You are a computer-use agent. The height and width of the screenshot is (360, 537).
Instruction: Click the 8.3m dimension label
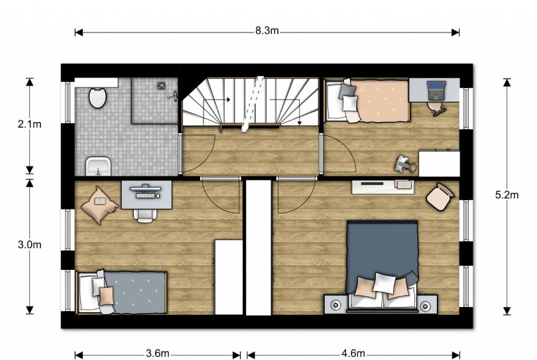267,30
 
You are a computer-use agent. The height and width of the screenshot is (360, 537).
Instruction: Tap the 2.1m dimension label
29,124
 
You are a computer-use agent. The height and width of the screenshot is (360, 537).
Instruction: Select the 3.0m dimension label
29,245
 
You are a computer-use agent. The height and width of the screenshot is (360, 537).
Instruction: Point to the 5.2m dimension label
507,194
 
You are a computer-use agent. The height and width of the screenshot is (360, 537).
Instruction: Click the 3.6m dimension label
158,353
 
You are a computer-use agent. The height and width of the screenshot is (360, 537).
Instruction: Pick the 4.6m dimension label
353,353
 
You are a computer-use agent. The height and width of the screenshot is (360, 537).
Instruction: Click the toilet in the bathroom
97,97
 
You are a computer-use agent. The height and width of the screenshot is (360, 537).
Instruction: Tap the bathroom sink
98,166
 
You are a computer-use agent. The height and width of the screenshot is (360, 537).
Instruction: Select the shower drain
162,86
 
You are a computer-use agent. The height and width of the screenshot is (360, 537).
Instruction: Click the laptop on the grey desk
436,90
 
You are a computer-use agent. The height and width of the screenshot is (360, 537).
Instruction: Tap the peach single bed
367,100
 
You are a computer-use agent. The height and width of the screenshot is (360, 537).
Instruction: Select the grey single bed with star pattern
122,292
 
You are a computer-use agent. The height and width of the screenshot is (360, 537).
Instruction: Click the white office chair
145,215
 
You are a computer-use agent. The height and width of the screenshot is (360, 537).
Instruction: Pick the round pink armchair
440,198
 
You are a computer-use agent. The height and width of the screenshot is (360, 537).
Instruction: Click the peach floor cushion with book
99,205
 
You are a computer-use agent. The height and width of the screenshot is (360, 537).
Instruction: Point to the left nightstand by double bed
335,304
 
